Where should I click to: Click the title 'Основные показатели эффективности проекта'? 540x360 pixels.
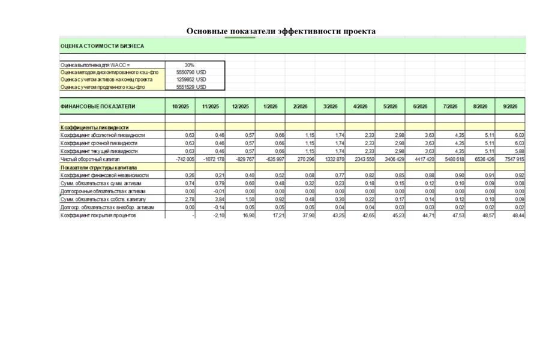(281, 31)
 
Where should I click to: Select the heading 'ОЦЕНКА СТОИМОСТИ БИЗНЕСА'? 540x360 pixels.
(102, 46)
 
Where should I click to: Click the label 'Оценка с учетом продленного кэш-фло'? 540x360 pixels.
(103, 87)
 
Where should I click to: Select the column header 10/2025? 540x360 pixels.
(179, 106)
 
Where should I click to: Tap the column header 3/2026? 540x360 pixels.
(330, 106)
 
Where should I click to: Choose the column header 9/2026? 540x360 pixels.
(510, 106)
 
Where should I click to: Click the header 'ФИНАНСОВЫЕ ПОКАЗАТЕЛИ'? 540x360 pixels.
(98, 106)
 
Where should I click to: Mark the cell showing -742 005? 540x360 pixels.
(182, 160)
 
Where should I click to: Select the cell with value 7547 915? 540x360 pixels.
(512, 160)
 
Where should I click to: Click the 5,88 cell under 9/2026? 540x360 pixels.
(517, 151)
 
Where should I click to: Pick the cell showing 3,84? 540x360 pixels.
(217, 199)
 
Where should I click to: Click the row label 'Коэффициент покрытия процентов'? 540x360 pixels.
(102, 215)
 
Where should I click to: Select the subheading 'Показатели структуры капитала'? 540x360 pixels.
(99, 167)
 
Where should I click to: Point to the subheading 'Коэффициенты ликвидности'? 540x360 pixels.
(95, 127)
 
